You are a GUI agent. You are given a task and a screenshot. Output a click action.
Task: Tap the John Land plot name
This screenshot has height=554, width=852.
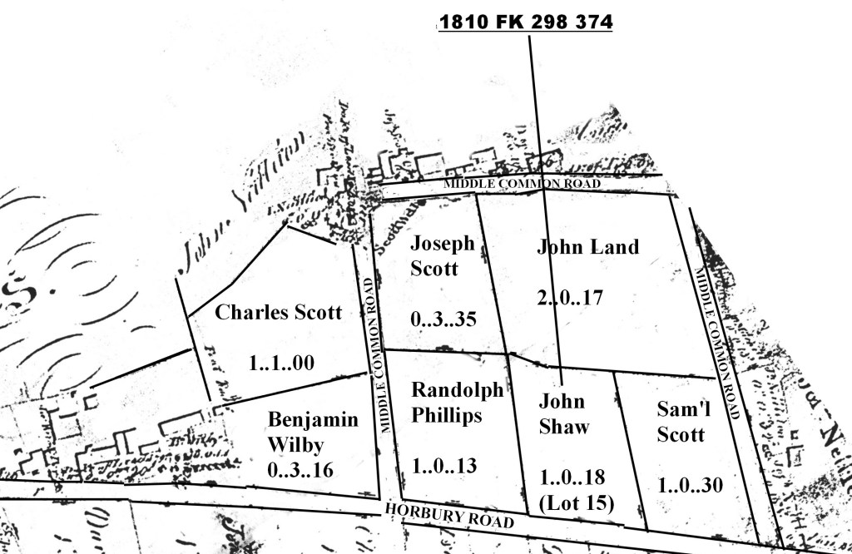[x=587, y=247]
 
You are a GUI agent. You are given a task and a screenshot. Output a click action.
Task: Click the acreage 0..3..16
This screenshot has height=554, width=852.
[x=300, y=470]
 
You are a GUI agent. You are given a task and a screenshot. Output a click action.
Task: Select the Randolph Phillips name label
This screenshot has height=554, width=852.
[x=458, y=403]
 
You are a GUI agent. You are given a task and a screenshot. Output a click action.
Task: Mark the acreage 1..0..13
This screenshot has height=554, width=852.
[x=444, y=465]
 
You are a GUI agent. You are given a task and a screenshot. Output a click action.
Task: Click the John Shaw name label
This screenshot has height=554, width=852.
[x=563, y=413]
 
